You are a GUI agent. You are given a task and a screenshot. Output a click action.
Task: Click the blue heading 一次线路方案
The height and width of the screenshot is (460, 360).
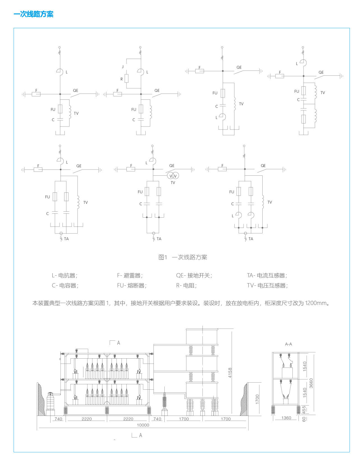33,14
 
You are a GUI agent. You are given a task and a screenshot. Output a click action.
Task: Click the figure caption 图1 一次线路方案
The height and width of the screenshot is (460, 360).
183,257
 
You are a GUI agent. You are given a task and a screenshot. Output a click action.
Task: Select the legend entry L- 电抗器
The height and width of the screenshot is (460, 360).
64,275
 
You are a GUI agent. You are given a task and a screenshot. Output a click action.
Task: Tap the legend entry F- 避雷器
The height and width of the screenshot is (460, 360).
130,275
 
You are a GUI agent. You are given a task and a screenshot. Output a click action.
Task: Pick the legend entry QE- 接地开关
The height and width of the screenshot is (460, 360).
194,275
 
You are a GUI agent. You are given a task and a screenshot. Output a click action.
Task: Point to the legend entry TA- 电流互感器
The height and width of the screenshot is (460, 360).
267,275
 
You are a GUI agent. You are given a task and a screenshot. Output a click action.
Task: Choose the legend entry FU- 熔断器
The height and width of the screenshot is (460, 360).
131,285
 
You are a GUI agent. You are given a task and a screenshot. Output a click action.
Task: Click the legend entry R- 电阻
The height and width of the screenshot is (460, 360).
186,285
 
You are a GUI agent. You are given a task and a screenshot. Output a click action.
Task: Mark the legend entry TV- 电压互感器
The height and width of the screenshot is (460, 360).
267,285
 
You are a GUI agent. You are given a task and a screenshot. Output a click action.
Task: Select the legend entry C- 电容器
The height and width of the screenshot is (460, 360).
65,285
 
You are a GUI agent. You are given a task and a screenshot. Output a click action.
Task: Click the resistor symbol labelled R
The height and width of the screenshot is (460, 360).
126,78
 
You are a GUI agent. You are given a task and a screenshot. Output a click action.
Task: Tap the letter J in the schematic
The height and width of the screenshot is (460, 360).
123,67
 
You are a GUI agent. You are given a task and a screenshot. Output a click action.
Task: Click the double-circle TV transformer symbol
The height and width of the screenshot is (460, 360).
173,176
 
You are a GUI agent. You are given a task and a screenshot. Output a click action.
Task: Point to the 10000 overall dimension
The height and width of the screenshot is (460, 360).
143,425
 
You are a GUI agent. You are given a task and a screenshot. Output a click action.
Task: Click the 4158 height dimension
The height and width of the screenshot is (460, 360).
230,373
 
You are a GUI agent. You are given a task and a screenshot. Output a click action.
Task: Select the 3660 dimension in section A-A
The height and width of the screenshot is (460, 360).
311,383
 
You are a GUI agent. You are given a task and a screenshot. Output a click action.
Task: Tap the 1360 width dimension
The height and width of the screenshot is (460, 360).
286,418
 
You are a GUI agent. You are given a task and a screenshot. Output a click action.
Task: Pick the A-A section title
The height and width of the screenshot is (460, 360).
289,344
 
